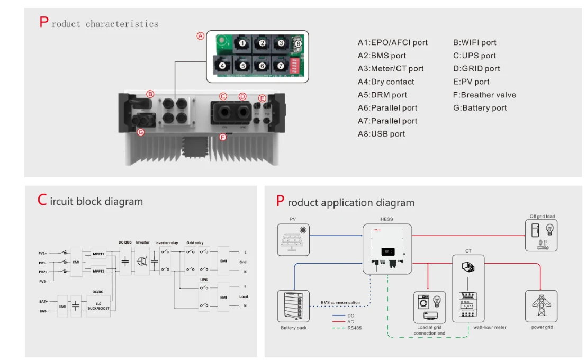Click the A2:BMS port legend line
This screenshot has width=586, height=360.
pyautogui.click(x=382, y=56)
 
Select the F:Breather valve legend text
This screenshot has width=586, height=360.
pyautogui.click(x=484, y=95)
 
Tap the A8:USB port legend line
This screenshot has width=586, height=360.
pyautogui.click(x=381, y=134)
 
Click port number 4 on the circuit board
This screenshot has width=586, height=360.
pyautogui.click(x=222, y=66)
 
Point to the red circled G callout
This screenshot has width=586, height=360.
pyautogui.click(x=141, y=132)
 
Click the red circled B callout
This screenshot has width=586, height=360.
pyautogui.click(x=150, y=94)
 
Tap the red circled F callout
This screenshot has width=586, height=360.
pyautogui.click(x=222, y=138)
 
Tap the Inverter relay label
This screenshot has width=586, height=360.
pyautogui.click(x=165, y=242)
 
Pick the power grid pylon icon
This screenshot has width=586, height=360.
pyautogui.click(x=541, y=306)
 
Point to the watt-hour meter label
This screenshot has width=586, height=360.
pyautogui.click(x=490, y=327)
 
